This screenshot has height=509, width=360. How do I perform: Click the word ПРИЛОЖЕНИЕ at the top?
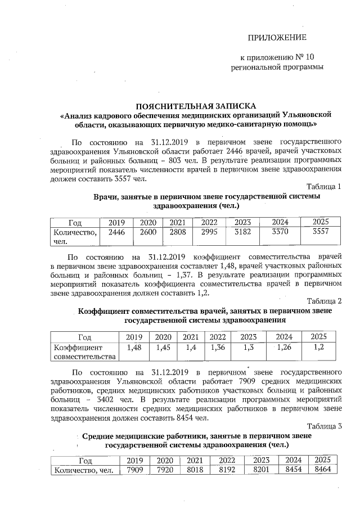[277, 38]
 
